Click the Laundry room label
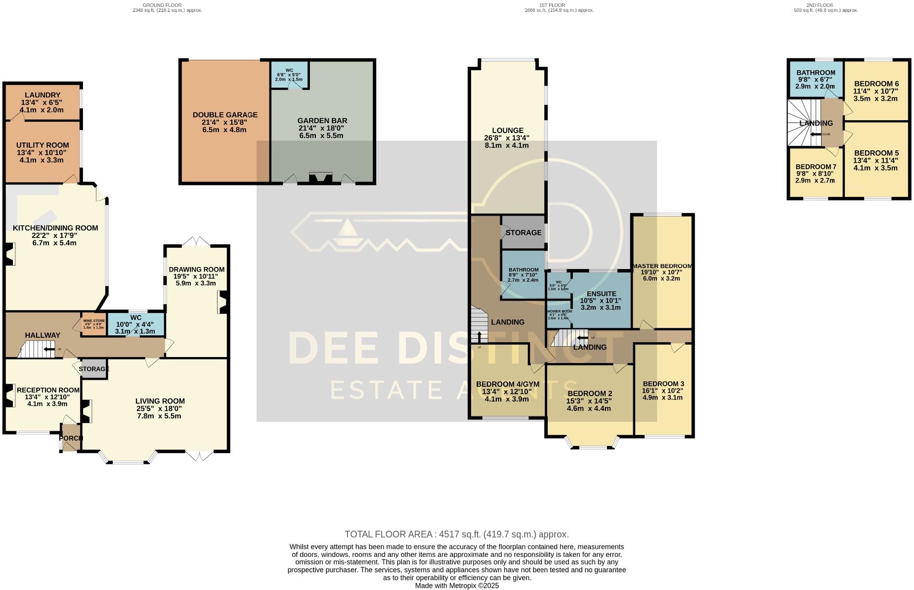click(42, 95)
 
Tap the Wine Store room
click(93, 324)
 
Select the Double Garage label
click(225, 115)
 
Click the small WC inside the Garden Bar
click(289, 75)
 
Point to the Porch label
click(71, 438)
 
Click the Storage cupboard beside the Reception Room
click(94, 369)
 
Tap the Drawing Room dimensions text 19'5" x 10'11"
click(196, 276)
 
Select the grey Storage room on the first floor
click(523, 232)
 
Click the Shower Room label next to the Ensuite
click(560, 312)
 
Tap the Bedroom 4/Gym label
click(507, 384)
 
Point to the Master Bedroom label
click(662, 266)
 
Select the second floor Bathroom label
click(816, 73)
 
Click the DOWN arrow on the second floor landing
click(816, 134)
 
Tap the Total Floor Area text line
click(456, 534)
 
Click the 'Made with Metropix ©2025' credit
click(457, 586)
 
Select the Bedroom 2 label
click(589, 394)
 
